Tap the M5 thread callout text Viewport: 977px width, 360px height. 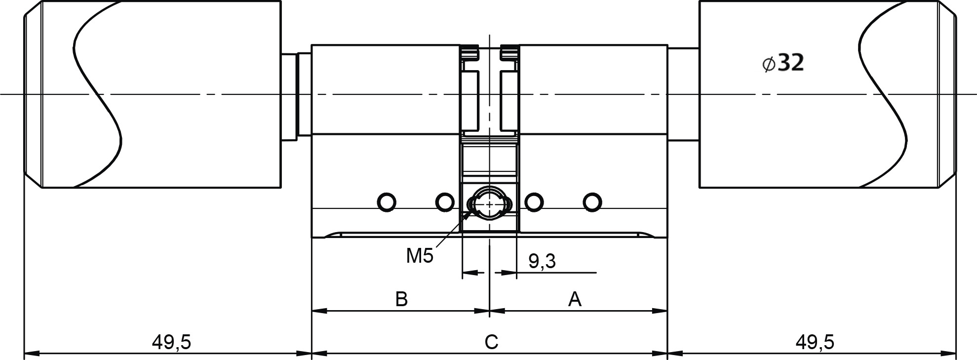420,256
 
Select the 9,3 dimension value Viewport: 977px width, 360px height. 542,261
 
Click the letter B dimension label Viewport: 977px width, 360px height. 401,299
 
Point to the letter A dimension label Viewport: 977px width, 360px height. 575,299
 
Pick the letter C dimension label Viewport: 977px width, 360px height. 491,342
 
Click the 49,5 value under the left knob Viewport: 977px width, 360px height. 171,342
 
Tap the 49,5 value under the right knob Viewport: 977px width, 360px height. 815,342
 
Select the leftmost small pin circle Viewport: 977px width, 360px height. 386,201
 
